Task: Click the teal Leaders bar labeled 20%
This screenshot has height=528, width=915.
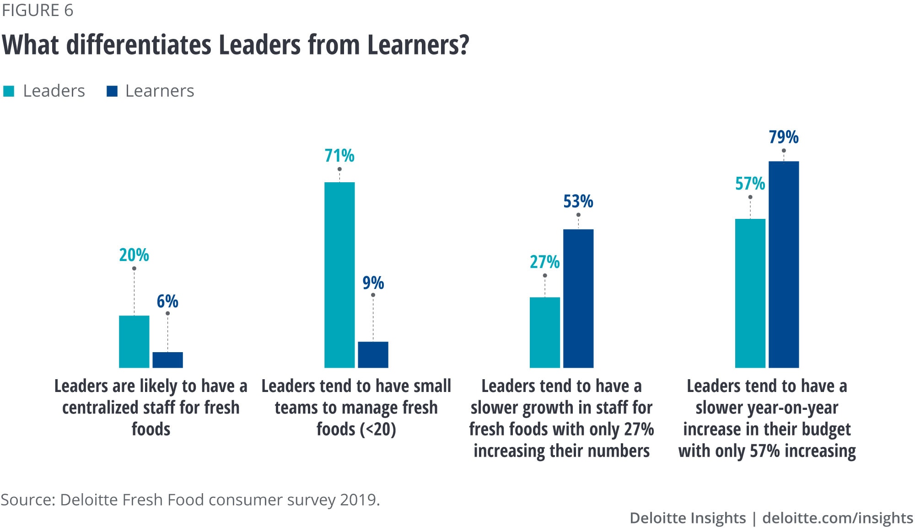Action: point(134,342)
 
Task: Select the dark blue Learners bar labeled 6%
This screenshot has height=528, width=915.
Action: point(167,360)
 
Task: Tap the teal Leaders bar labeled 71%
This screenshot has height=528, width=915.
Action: point(339,275)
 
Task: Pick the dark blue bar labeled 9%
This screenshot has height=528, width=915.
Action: point(373,354)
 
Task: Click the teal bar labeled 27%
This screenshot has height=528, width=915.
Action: point(545,332)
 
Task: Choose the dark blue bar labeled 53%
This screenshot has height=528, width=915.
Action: point(578,299)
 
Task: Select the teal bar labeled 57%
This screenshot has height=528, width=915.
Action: point(750,293)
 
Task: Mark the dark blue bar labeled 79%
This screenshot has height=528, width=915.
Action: point(784,264)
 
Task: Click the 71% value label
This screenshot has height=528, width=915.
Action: point(339,156)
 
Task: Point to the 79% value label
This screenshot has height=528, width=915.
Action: point(784,137)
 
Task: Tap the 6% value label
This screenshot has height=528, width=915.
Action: point(167,301)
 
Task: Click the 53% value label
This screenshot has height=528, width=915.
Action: point(578,201)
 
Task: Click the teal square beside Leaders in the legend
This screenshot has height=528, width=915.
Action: point(9,91)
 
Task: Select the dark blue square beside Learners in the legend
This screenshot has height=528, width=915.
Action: point(112,91)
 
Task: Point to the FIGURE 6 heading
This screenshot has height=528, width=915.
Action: point(38,11)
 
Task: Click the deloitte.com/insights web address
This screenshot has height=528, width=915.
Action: point(838,518)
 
